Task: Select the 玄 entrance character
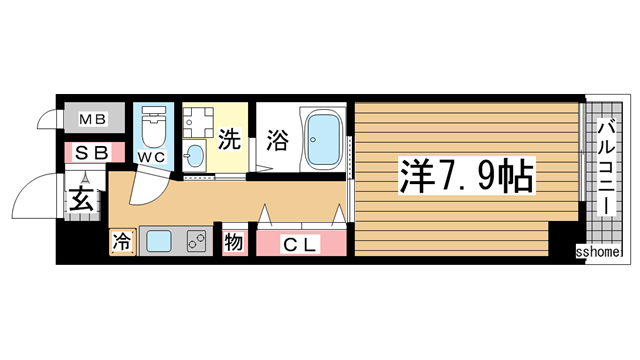coord(80,199)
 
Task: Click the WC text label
coord(151,157)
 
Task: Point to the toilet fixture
coord(153,127)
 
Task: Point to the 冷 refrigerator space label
coord(121,240)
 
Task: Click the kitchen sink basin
coord(161,240)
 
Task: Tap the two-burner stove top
coord(195,240)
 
